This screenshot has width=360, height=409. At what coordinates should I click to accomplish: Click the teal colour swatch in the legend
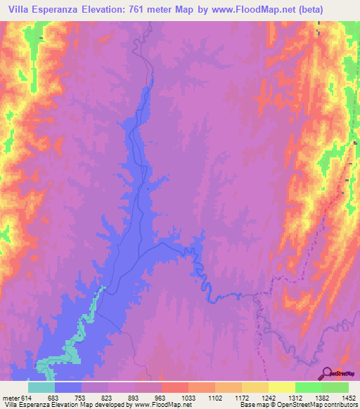41,387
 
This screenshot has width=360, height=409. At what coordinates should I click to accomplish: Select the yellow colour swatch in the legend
281,387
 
